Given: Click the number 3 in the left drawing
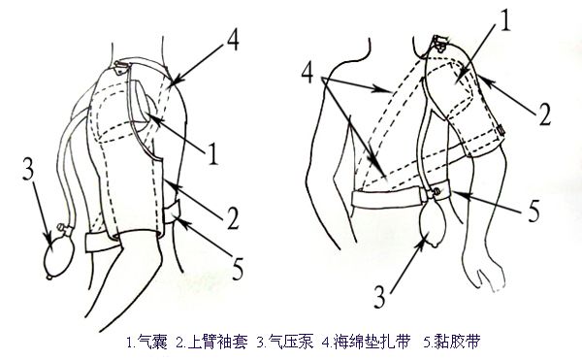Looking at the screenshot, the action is (x=28, y=169).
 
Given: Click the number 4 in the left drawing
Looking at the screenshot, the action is (x=232, y=40).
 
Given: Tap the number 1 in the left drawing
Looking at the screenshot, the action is (x=212, y=154).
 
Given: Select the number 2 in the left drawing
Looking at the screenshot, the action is (x=233, y=218).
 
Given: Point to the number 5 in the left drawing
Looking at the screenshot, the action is (x=238, y=269).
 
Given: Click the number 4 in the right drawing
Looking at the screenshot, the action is (x=308, y=73).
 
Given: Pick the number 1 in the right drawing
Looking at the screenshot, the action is (x=505, y=20).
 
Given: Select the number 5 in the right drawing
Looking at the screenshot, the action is (x=533, y=211).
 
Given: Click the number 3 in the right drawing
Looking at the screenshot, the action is (x=379, y=297).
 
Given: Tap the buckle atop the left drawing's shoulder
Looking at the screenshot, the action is (x=121, y=66).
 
